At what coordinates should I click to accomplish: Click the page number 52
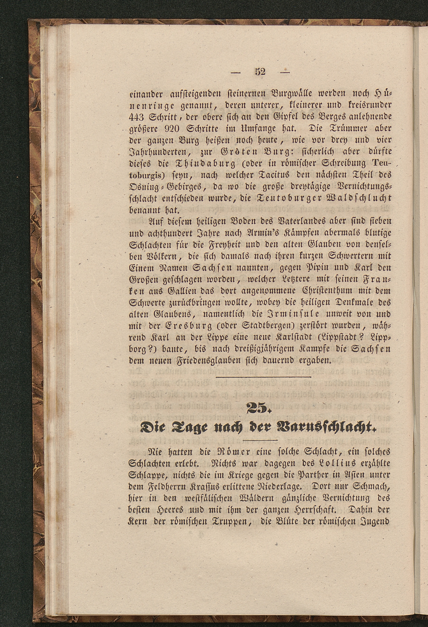260,72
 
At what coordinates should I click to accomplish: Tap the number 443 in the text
137,116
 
